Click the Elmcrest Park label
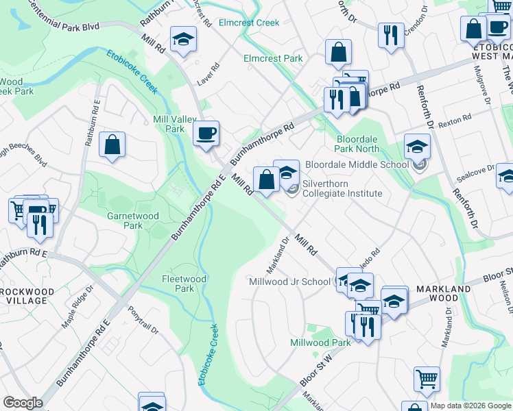pyautogui.click(x=273, y=58)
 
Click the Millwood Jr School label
pyautogui.click(x=289, y=282)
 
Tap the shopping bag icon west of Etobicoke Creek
pyautogui.click(x=112, y=145)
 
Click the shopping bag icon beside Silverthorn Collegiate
pyautogui.click(x=266, y=179)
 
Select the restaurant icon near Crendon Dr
pyautogui.click(x=391, y=34)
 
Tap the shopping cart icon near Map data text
pyautogui.click(x=427, y=378)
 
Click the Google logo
pyautogui.click(x=23, y=403)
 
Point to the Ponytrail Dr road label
pyautogui.click(x=143, y=319)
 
